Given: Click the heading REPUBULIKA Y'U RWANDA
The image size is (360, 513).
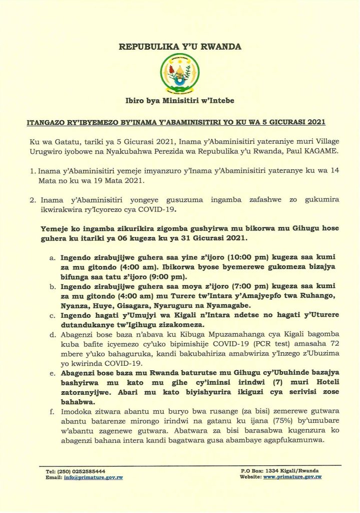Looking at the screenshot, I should click(x=180, y=47).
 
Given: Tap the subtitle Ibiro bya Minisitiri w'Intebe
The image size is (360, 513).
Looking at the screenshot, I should click(x=180, y=101).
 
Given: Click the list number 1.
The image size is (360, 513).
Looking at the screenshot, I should click(x=33, y=171).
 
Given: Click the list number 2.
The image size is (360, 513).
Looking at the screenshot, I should click(x=33, y=199).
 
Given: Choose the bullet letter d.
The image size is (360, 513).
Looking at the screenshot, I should click(x=53, y=334).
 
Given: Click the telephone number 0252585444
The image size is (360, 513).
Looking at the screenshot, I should click(x=87, y=471).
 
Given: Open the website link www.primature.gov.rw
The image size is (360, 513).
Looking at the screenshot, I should click(x=292, y=477).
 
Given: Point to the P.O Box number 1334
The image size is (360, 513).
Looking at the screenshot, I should click(x=271, y=471).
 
